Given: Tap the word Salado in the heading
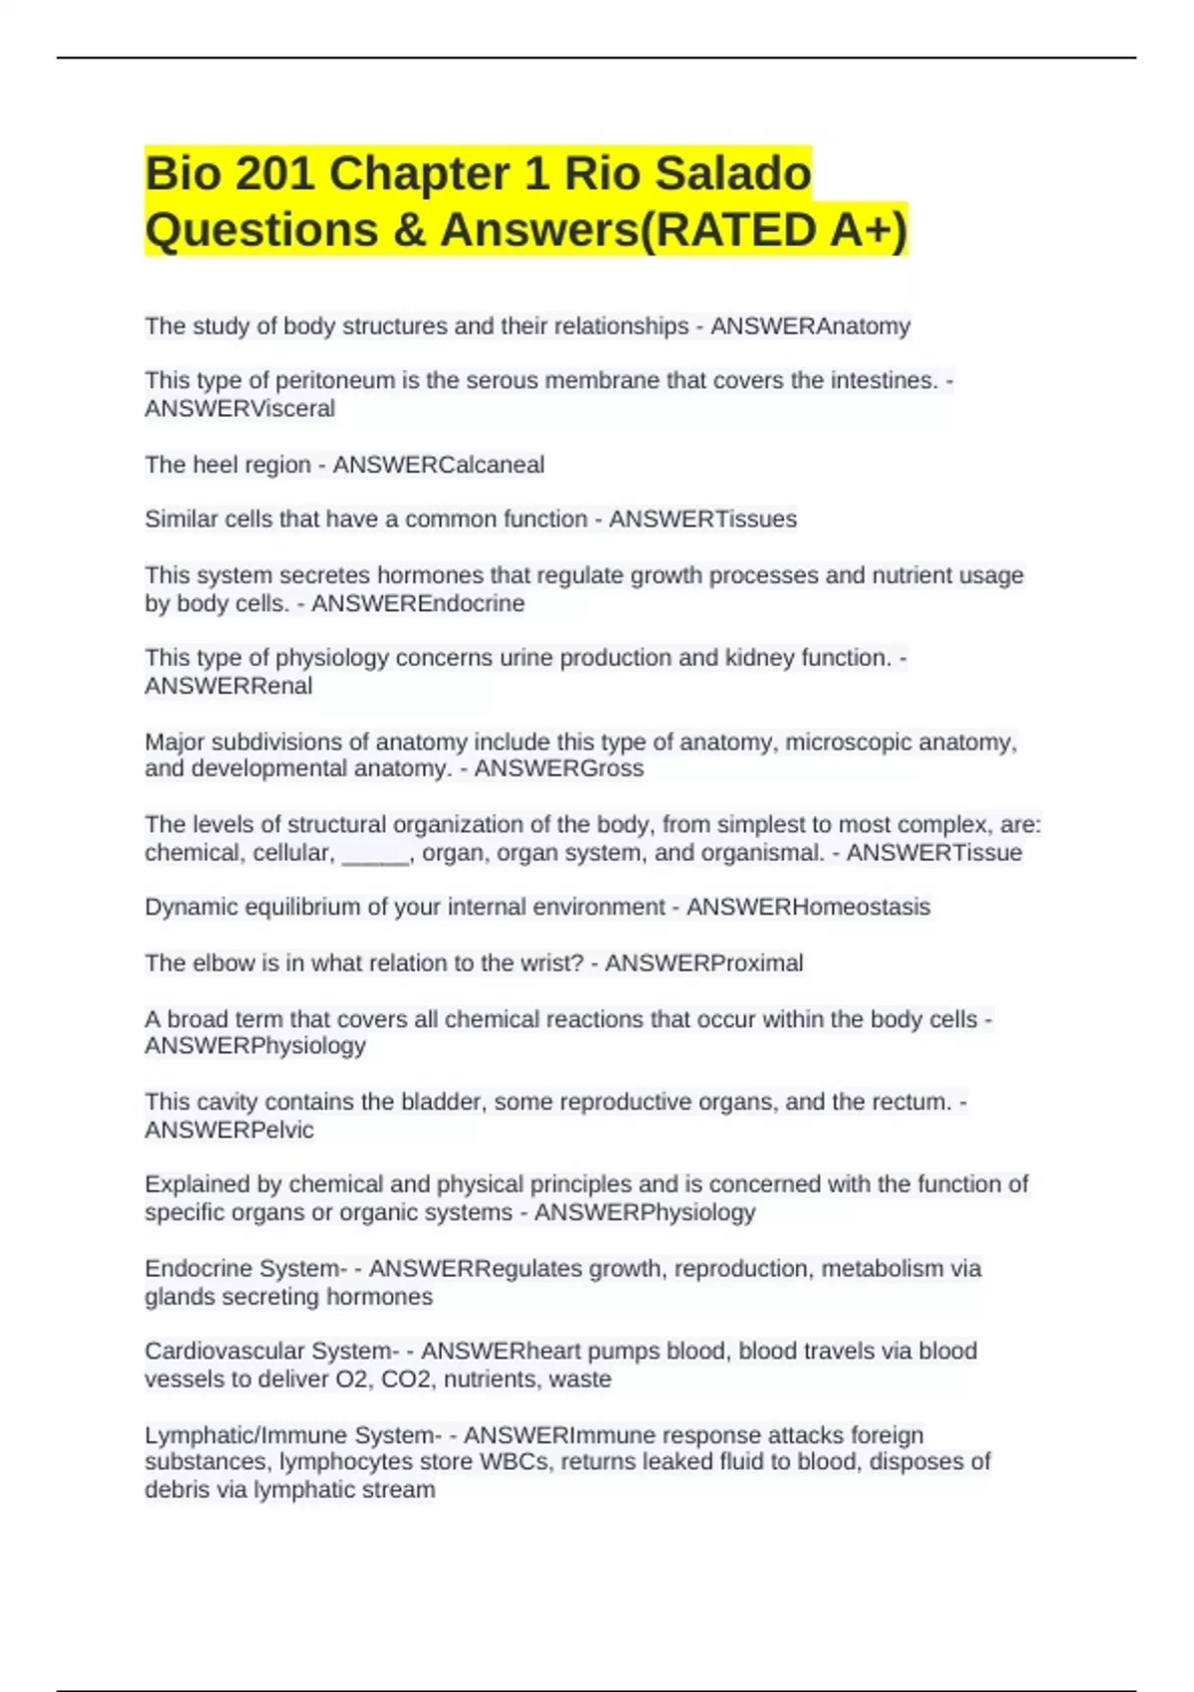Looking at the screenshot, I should [737, 174].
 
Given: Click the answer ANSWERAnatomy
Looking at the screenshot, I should [810, 326].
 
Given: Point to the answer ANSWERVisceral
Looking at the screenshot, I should [240, 409].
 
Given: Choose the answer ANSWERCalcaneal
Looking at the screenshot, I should [438, 465].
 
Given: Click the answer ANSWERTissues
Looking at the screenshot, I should [702, 520].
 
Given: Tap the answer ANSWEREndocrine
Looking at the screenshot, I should [418, 604].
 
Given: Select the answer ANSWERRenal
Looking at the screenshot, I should [229, 686].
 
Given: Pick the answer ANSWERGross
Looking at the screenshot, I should [558, 768].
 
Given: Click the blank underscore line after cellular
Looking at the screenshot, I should [375, 853].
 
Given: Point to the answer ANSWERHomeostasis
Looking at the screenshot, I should [808, 908].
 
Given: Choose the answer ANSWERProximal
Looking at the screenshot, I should [703, 963].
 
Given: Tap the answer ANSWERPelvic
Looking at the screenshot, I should [229, 1130].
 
